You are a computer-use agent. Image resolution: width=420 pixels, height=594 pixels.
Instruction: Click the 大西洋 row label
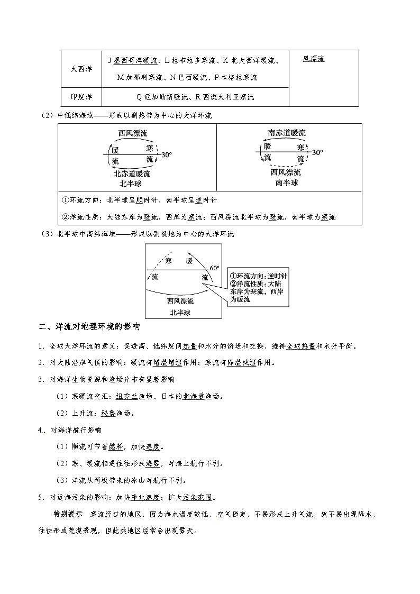[81, 69]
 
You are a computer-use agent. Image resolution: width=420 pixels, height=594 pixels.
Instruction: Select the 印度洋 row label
[81, 97]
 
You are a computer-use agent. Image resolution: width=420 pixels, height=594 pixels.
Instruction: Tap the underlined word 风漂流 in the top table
[314, 59]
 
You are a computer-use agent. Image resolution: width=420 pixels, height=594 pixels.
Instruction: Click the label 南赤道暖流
[286, 133]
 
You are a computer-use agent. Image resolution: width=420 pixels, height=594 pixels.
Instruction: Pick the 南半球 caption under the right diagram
[287, 182]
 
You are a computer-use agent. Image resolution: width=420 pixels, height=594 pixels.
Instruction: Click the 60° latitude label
[214, 268]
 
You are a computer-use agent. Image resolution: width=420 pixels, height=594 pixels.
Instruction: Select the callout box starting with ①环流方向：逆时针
[259, 288]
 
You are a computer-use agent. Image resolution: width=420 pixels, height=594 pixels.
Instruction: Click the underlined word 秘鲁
[108, 413]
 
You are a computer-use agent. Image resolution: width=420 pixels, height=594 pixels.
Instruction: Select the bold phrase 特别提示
[67, 514]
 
